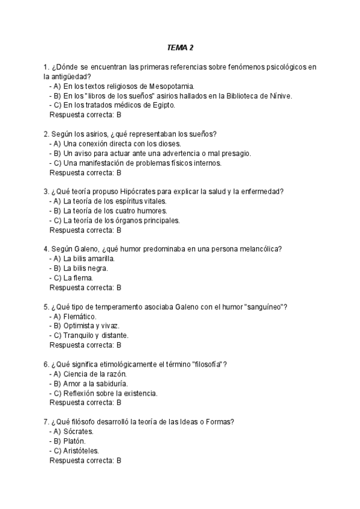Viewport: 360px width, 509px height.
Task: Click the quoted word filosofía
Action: click(206, 364)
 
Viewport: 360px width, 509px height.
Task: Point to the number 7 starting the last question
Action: click(46, 422)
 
